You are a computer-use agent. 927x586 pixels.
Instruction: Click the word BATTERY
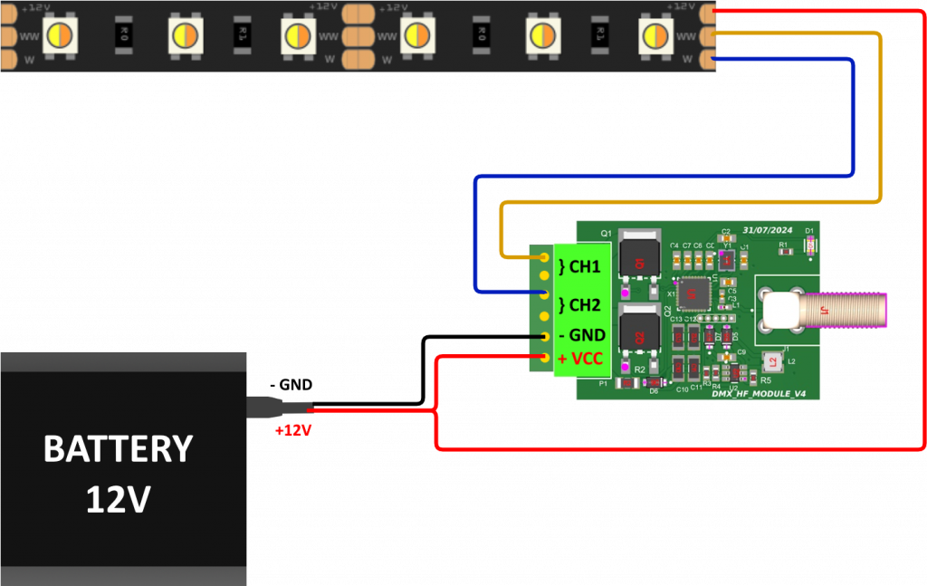[118, 449]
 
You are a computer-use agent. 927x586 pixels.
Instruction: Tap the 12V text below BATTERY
[118, 499]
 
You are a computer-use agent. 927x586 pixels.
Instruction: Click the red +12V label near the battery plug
[292, 430]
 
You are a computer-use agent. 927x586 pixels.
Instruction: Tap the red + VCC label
[580, 359]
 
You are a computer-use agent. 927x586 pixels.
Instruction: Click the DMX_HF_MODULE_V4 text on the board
[759, 394]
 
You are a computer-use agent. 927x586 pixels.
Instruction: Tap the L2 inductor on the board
[772, 362]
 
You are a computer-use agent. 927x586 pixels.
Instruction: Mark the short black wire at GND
[537, 337]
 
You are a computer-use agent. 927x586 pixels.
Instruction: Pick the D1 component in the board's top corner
[810, 243]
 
